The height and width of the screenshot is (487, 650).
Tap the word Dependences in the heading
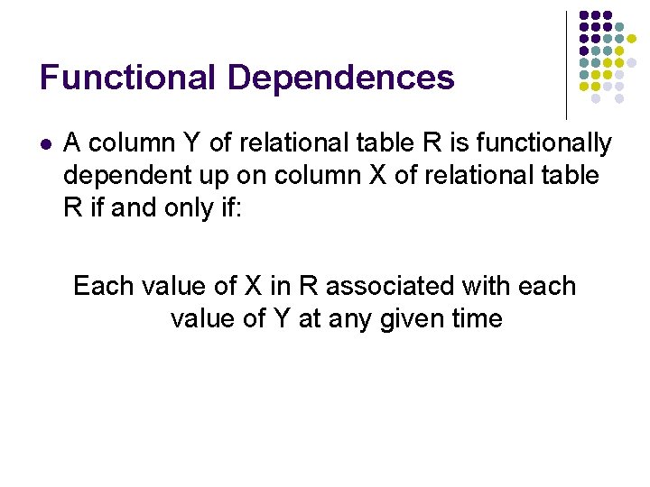point(341,78)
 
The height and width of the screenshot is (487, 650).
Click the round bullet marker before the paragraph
point(46,143)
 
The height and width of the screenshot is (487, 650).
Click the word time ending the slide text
point(472,318)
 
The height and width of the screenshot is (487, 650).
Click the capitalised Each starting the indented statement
point(102,286)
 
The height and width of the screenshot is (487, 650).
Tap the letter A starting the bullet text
point(73,142)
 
